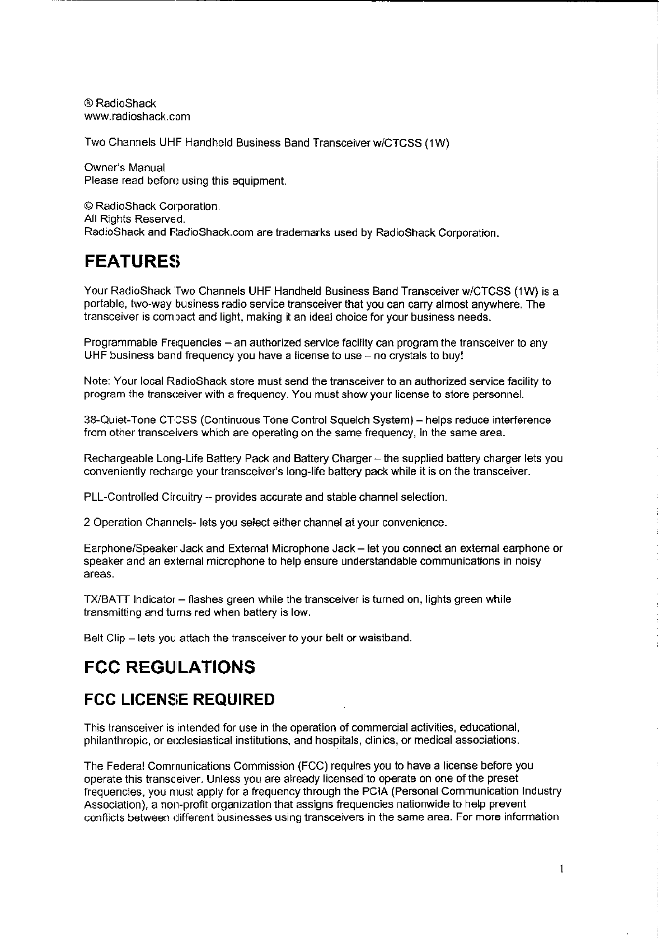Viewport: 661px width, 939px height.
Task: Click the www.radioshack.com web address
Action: click(137, 116)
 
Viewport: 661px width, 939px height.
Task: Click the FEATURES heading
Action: click(132, 261)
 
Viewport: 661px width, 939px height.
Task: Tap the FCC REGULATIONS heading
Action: click(169, 667)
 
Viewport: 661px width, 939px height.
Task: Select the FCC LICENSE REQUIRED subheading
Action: click(179, 699)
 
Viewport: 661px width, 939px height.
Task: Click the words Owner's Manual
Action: click(124, 167)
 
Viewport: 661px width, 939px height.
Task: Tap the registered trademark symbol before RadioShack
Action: click(88, 104)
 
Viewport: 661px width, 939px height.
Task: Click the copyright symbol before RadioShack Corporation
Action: click(88, 206)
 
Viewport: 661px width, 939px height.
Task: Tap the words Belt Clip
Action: click(104, 638)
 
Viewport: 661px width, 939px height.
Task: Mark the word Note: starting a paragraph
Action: click(97, 382)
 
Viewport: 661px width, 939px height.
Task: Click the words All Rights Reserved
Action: click(134, 219)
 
